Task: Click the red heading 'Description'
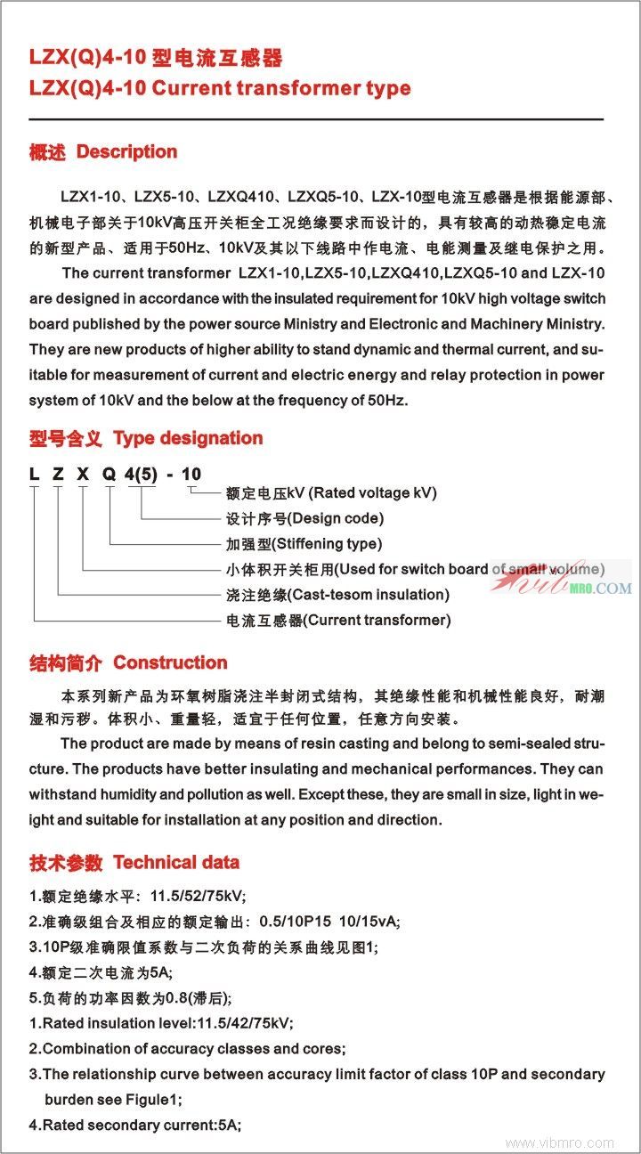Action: click(x=126, y=152)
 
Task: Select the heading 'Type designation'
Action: click(x=188, y=438)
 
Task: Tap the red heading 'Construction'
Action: click(x=170, y=662)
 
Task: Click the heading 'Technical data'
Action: click(x=176, y=862)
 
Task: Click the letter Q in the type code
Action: click(x=109, y=474)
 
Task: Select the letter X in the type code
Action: click(x=83, y=474)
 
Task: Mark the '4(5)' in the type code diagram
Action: click(x=141, y=474)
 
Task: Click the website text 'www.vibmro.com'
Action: click(x=560, y=1142)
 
